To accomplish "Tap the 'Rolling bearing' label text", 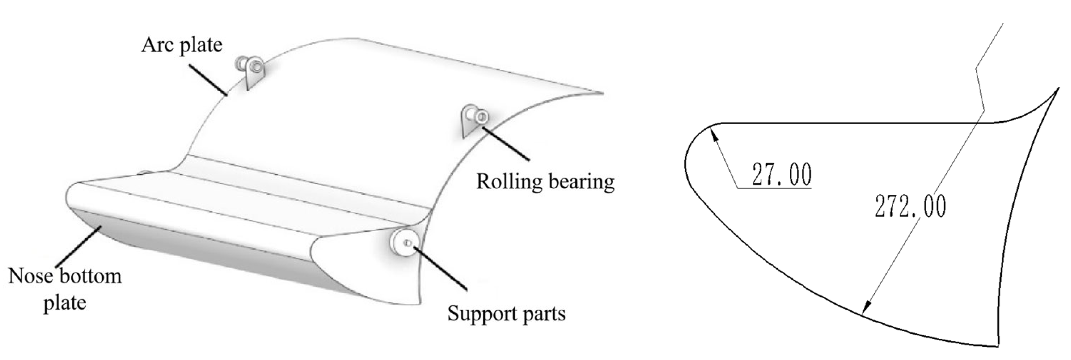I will pyautogui.click(x=545, y=182).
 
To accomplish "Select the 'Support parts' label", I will pyautogui.click(x=506, y=313).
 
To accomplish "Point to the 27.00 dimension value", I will pyautogui.click(x=781, y=175).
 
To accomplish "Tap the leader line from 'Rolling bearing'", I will pyautogui.click(x=505, y=143).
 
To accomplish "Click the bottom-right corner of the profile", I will pyautogui.click(x=998, y=346).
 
